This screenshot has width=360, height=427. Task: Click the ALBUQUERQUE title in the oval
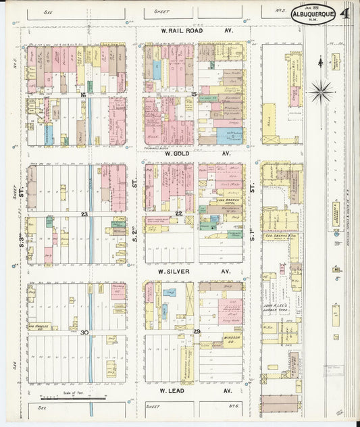[313, 14]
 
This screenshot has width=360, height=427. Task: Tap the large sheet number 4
[345, 12]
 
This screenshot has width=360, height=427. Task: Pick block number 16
[83, 95]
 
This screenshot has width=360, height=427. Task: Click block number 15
[194, 94]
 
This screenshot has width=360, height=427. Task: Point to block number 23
[84, 214]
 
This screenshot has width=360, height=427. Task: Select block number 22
[178, 214]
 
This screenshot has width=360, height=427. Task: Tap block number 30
[84, 332]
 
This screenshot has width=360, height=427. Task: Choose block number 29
[197, 331]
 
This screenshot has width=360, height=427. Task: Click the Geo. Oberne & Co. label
[279, 236]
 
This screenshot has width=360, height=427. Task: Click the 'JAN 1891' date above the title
[313, 7]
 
